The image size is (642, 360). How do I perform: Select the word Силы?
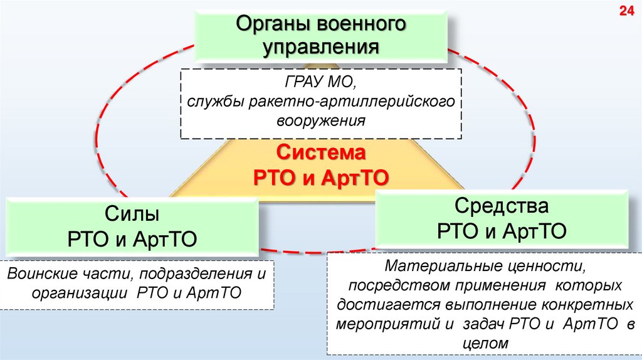[x=132, y=214]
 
